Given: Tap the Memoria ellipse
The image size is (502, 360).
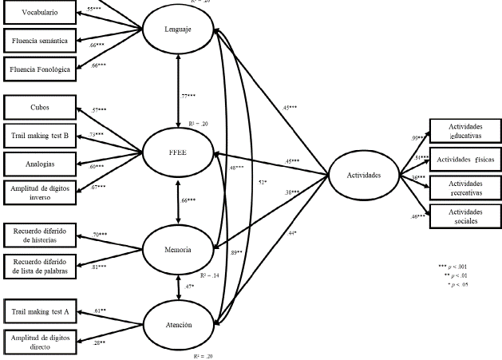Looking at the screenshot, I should click(176, 250).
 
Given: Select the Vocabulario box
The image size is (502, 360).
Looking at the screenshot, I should click(38, 13).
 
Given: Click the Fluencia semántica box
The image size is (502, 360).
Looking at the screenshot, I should click(38, 40).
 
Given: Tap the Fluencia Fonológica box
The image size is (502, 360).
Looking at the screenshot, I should click(38, 69).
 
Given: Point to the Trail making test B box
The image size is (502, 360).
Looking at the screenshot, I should click(38, 136).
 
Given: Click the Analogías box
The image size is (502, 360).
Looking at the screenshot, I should click(38, 163).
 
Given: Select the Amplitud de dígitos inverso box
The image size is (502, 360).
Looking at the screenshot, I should click(38, 192).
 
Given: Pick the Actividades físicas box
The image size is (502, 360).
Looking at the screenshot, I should click(461, 160).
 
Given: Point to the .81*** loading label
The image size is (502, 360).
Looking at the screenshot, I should click(101, 266).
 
